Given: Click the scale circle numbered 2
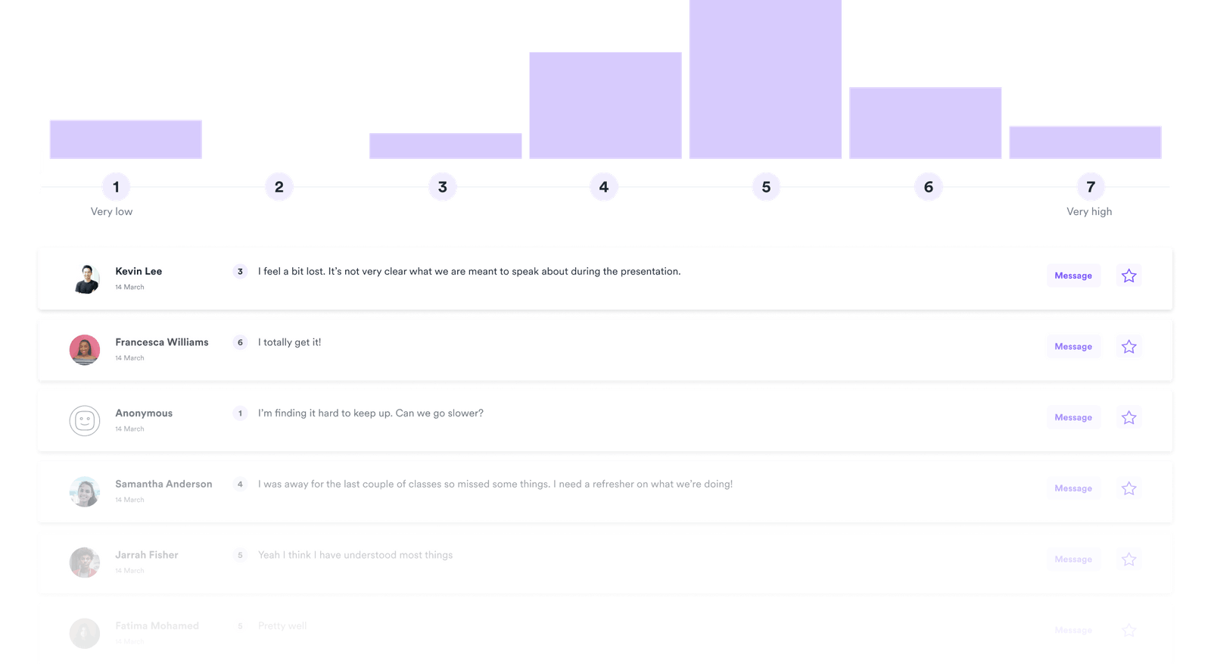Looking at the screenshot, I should (279, 187).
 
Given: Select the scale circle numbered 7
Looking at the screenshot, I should (1091, 187).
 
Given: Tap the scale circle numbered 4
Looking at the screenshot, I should (604, 187).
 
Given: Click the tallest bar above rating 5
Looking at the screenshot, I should (765, 79).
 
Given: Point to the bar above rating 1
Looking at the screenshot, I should (125, 139).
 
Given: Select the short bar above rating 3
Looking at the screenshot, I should (445, 146).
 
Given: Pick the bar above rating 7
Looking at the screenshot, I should (1085, 142).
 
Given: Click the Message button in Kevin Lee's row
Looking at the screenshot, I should (1073, 276).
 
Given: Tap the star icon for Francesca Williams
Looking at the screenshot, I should (1129, 347).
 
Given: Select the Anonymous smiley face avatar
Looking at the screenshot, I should (85, 420).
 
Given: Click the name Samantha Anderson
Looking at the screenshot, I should (163, 484).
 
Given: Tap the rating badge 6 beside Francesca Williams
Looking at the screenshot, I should (240, 342).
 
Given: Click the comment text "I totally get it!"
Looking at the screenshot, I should (289, 342).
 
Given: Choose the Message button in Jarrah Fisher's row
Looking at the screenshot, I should (1073, 560).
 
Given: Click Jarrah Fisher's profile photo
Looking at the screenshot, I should (85, 563).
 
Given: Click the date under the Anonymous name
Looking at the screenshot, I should (129, 429).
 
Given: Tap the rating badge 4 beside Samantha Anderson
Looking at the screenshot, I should (240, 485).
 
